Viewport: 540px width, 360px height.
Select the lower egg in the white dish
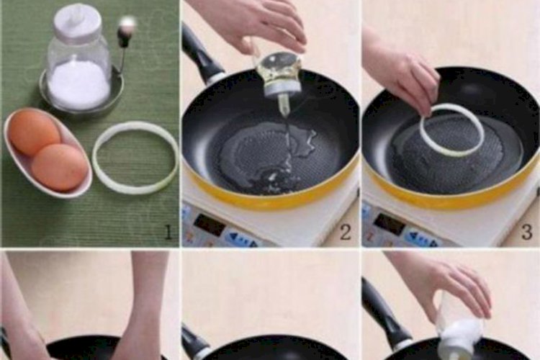(x=59, y=168)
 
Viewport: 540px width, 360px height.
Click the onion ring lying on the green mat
(x=135, y=157)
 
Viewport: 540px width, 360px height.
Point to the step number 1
(x=168, y=232)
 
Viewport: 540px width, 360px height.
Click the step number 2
(x=346, y=232)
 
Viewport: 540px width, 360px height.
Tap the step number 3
(x=527, y=232)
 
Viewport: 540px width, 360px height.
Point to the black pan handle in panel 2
(x=201, y=55)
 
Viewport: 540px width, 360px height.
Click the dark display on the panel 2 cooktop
(x=209, y=225)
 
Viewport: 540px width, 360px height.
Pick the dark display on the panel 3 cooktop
(x=390, y=224)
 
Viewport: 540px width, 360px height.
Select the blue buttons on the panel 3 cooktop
(x=422, y=239)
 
